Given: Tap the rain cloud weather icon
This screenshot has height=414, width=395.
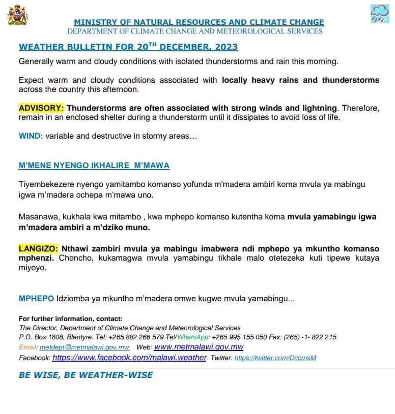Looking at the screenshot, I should tap(379, 14).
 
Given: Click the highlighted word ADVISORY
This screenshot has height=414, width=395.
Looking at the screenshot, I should tap(41, 108).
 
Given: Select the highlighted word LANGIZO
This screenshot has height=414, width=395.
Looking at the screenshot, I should tap(39, 249).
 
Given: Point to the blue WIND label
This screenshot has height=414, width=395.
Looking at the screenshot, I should tap(29, 136).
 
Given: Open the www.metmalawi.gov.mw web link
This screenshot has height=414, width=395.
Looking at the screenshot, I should tap(199, 347).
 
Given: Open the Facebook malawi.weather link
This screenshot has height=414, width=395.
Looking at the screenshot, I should tap(129, 358).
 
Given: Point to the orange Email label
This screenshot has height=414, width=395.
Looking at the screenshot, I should tap(28, 347).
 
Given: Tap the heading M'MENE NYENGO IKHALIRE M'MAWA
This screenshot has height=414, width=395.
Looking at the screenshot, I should tap(94, 166).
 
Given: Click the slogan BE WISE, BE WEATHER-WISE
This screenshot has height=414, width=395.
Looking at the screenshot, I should tap(86, 375).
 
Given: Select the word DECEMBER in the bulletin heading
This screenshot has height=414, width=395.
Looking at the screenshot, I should tap(190, 47).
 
